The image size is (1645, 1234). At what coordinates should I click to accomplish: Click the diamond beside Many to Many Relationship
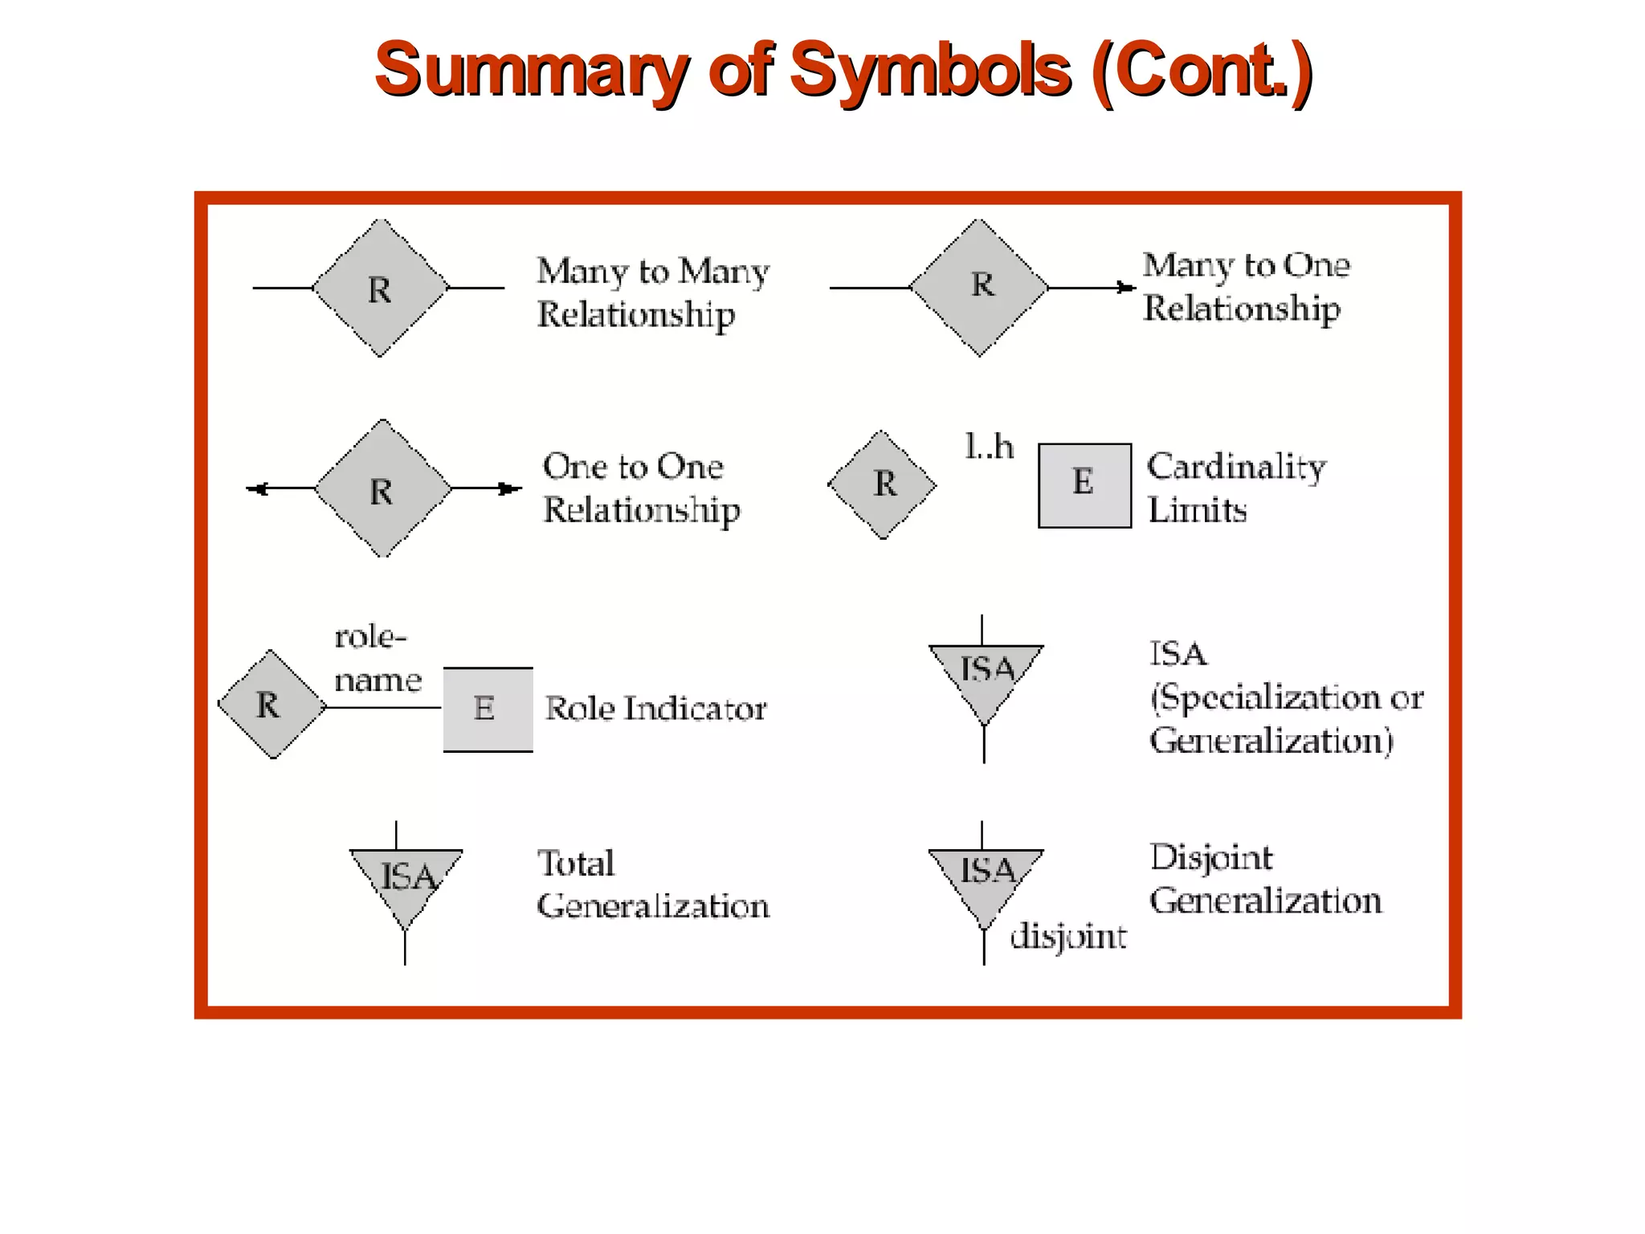point(380,288)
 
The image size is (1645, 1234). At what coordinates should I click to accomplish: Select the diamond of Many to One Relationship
point(979,287)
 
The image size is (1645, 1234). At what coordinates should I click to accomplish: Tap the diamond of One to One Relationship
point(382,488)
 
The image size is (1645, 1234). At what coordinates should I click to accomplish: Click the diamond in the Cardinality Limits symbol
point(883,484)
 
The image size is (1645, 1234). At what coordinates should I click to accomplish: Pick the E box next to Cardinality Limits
point(1084,485)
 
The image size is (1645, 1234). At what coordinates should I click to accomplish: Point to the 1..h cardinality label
point(989,447)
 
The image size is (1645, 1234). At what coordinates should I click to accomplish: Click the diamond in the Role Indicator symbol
point(271,705)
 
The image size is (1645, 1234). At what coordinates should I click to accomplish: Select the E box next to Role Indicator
point(488,709)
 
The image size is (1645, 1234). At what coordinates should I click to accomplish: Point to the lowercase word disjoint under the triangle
point(1067,937)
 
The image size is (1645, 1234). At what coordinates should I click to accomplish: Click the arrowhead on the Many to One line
point(1126,288)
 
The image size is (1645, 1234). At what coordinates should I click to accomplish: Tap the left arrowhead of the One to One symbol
point(258,488)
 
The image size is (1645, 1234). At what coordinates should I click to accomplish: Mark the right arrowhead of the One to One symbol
point(508,488)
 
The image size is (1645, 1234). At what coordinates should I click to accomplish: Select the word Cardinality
point(1236,467)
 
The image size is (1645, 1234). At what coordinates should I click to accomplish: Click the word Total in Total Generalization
point(576,864)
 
